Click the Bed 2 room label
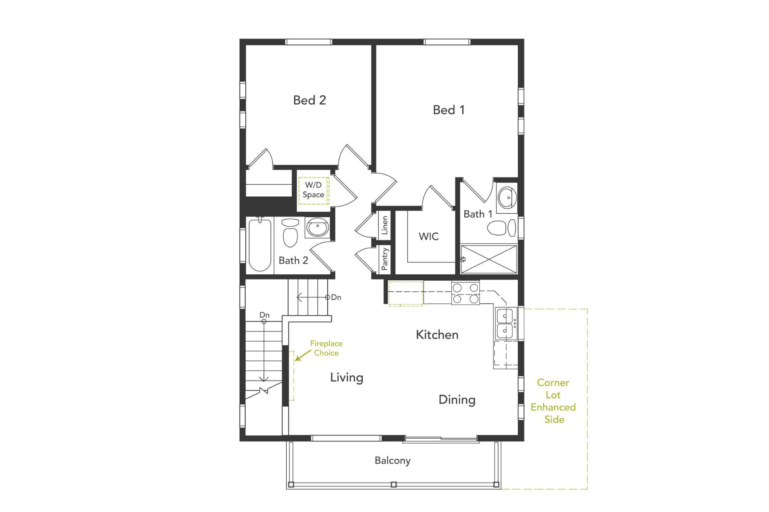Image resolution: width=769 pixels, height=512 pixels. tap(309, 100)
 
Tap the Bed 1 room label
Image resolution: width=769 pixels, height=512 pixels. tap(449, 110)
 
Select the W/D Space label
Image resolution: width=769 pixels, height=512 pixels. tap(313, 190)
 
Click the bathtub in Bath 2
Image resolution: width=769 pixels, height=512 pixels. tap(260, 245)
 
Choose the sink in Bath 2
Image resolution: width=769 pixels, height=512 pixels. tap(317, 227)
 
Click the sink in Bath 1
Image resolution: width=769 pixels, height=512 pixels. tap(507, 197)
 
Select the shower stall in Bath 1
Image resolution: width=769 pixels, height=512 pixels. tap(489, 259)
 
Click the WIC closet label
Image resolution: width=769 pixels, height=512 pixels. tap(429, 236)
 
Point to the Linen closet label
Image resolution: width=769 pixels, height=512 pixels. tap(384, 225)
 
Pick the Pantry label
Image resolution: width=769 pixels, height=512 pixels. tap(384, 259)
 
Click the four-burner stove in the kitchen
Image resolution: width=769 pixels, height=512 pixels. tap(465, 293)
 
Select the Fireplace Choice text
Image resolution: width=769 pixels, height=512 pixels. tap(326, 348)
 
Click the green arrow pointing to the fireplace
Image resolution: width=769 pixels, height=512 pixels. tap(302, 355)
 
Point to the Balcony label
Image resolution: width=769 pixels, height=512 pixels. tap(392, 460)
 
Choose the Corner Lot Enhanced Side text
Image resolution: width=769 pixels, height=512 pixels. tap(553, 401)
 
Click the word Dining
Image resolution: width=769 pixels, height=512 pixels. tap(457, 400)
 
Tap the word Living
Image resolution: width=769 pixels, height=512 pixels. tap(346, 378)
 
